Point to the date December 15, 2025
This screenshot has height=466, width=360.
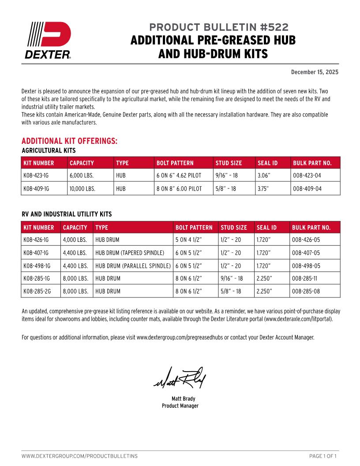315,72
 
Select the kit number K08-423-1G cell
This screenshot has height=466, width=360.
36,176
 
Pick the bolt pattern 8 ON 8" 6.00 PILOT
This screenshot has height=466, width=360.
179,188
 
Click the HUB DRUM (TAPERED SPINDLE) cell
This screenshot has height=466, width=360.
130,253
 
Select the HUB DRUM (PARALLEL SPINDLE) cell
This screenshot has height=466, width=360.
133,266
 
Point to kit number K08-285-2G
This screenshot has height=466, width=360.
36,291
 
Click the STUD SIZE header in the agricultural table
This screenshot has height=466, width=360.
229,163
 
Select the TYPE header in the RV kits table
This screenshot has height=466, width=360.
101,228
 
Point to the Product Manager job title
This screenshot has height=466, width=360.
180,406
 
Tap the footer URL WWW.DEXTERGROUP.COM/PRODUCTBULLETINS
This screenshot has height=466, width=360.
79,455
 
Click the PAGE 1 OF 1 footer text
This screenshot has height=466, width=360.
324,455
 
